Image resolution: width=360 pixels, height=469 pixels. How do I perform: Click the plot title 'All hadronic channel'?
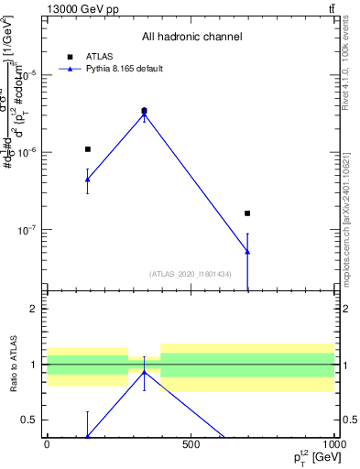tap(191, 38)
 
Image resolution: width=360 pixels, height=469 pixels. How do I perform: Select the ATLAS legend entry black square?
tap(68, 56)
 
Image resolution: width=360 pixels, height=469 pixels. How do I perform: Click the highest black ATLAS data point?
tap(144, 111)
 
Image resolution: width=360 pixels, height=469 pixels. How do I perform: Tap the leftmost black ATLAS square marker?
tap(88, 149)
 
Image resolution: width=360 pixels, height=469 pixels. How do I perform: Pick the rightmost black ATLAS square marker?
tap(247, 213)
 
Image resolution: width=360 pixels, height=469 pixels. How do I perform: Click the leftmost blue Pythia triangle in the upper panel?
tap(88, 180)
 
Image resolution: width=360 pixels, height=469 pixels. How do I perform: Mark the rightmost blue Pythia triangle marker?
tap(247, 251)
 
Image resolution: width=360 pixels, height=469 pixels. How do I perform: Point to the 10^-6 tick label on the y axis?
tap(31, 153)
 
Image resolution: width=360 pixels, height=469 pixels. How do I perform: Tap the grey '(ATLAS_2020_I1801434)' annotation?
tap(191, 274)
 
